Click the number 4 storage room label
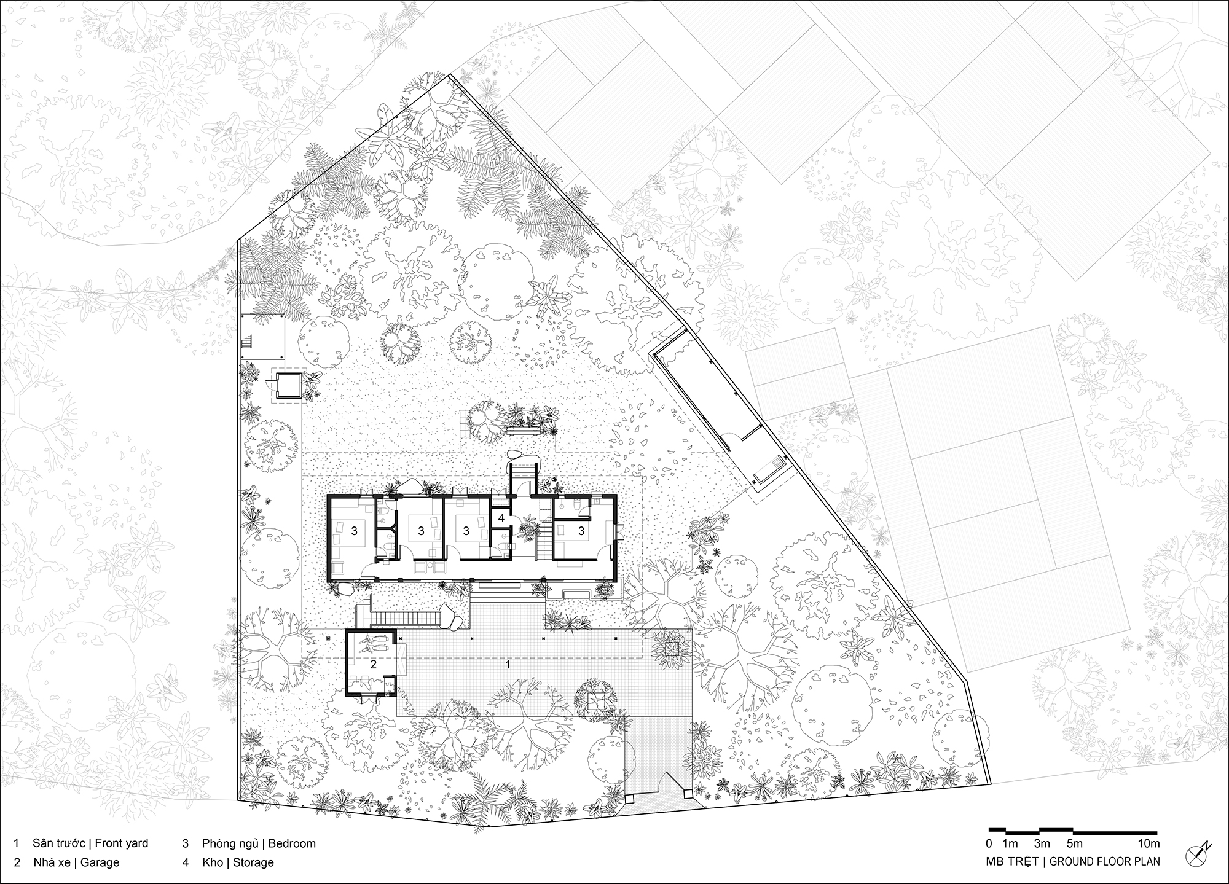[501, 518]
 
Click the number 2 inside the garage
[373, 664]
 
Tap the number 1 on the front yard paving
[508, 664]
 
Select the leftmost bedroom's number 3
[355, 531]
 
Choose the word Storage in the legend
[253, 862]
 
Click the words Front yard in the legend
[122, 843]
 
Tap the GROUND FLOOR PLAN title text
[1105, 861]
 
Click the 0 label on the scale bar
[989, 843]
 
